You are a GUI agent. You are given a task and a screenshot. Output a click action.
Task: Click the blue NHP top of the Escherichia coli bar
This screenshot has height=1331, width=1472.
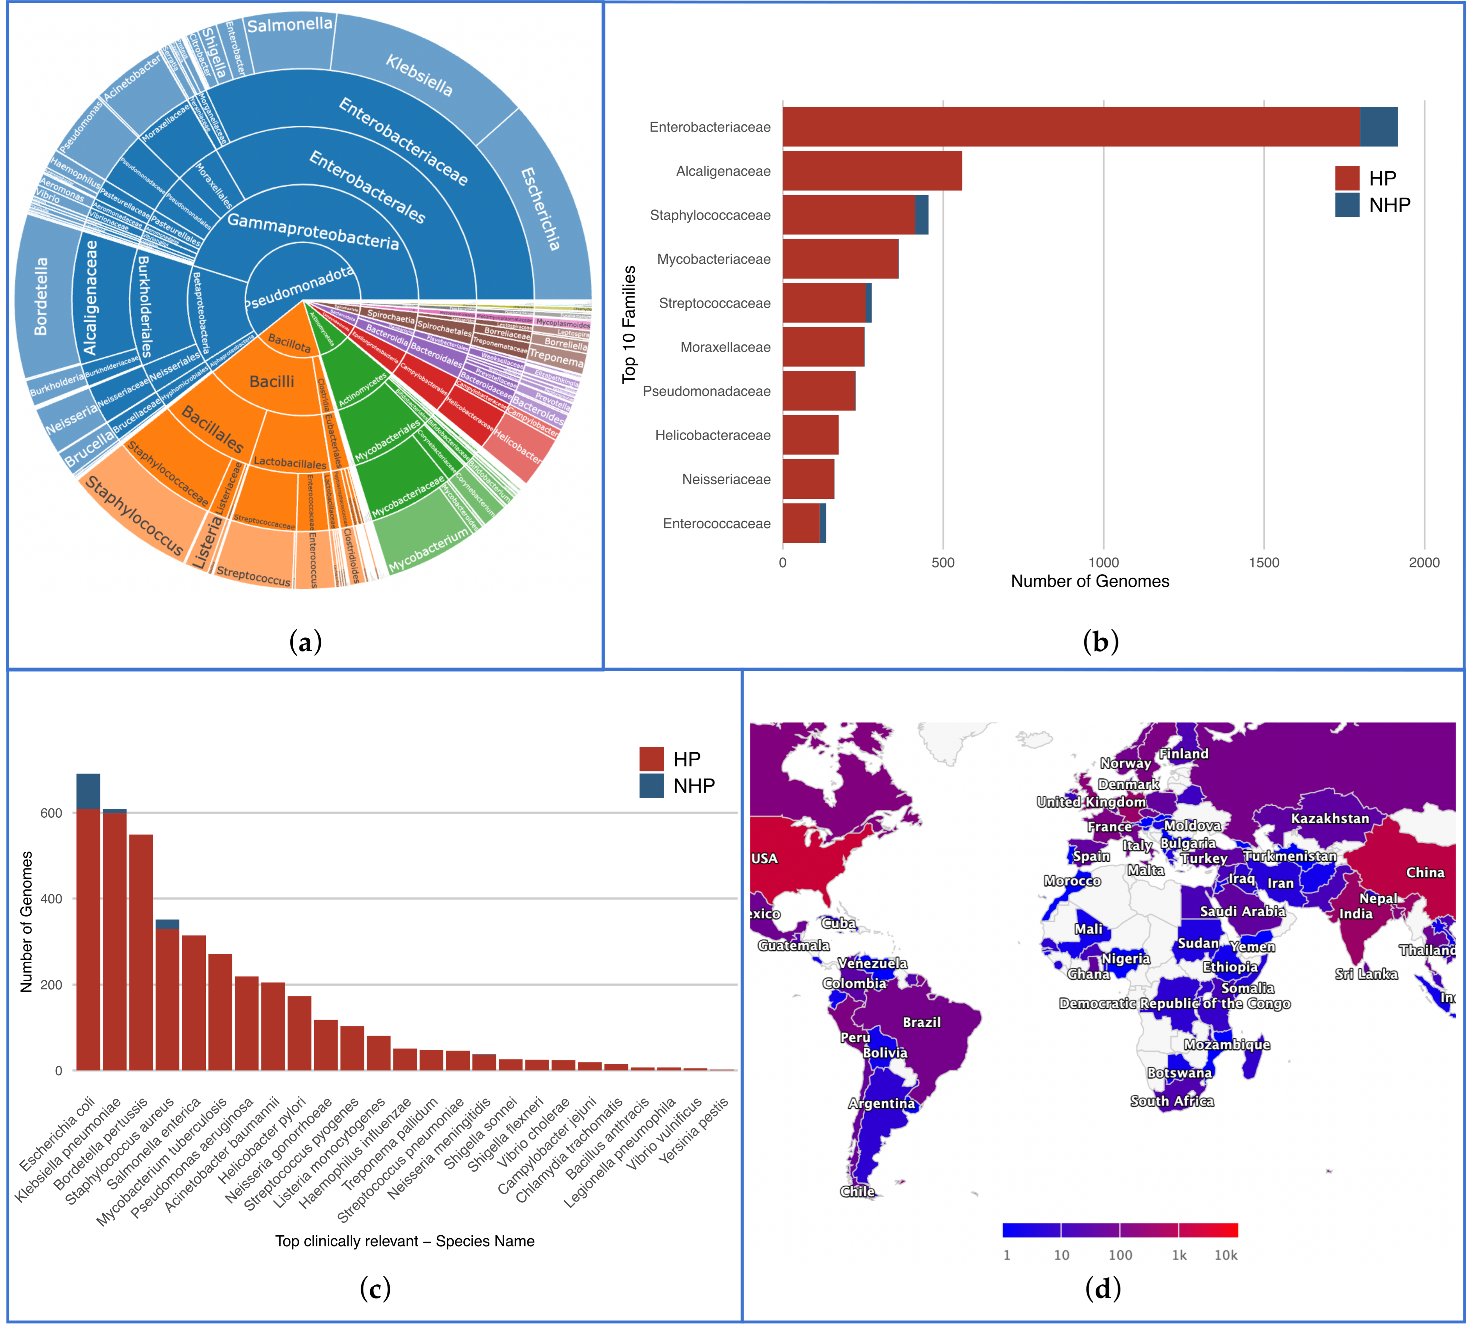pos(88,791)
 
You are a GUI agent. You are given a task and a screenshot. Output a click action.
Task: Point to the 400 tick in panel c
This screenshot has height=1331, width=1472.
pos(51,898)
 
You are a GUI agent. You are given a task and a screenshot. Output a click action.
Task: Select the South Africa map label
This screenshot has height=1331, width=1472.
pos(1172,1101)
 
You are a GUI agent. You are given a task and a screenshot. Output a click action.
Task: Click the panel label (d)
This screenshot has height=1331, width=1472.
pos(1102,1288)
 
